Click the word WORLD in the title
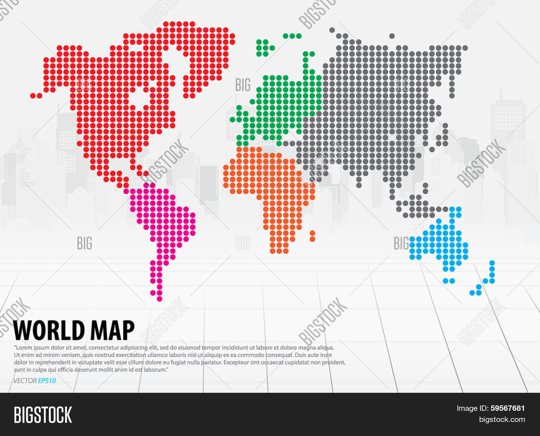click(x=49, y=330)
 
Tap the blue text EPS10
click(x=47, y=381)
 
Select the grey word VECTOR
click(x=25, y=381)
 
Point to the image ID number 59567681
click(x=508, y=408)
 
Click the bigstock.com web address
click(x=502, y=419)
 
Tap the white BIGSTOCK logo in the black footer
click(x=43, y=415)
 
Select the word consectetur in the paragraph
click(x=107, y=348)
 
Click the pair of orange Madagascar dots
click(x=312, y=236)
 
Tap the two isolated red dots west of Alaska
click(x=36, y=96)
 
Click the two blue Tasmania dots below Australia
click(x=449, y=281)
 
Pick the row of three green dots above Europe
click(x=292, y=36)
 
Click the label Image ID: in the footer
click(x=473, y=408)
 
